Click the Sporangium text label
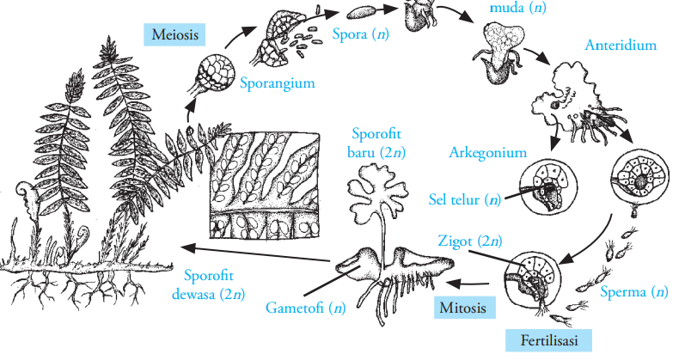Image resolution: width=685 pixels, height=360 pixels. (x=276, y=83)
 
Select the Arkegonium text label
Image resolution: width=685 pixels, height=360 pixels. (x=486, y=152)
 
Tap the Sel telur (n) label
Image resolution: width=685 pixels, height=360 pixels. (x=465, y=199)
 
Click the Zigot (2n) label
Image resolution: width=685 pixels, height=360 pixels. (x=468, y=240)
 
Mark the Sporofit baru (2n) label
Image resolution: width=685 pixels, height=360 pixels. (x=379, y=143)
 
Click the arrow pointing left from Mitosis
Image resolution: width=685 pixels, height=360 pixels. (x=475, y=281)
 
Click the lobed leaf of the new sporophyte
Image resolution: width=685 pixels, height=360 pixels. (x=377, y=196)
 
